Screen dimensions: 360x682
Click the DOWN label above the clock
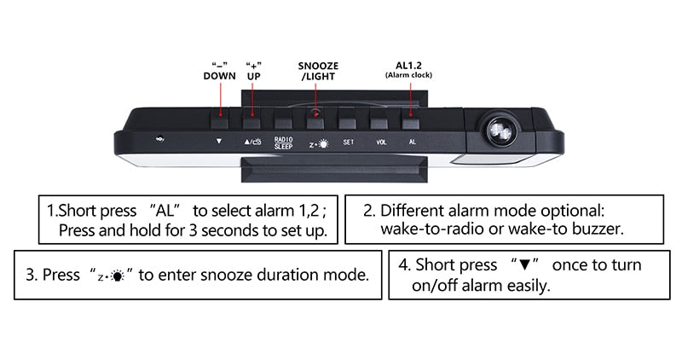coord(219,76)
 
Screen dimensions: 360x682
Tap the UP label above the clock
coord(253,76)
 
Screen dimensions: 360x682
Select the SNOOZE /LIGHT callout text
coord(317,71)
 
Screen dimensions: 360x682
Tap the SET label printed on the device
coord(348,143)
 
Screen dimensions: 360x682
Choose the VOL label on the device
coord(381,143)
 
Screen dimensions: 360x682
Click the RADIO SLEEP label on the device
coord(283,142)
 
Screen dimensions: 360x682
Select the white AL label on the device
coord(413,143)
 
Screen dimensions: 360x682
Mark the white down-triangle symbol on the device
coord(219,143)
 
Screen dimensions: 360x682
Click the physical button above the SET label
coord(347,118)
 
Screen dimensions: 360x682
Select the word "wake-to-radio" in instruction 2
coord(428,229)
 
